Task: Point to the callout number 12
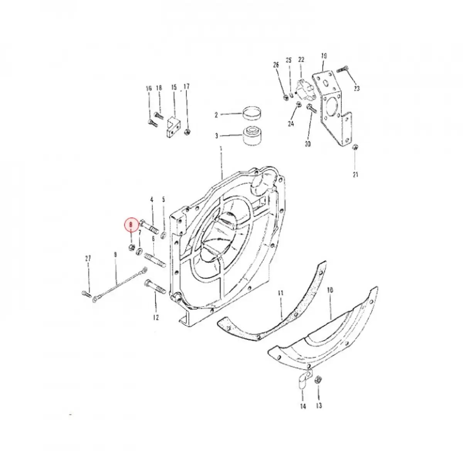click(x=155, y=318)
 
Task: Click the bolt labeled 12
click(x=155, y=287)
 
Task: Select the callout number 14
click(x=303, y=406)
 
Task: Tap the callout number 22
click(x=301, y=60)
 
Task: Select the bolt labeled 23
click(x=343, y=70)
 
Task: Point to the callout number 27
click(x=88, y=258)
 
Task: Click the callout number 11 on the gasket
click(x=281, y=294)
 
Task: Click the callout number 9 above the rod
click(x=115, y=255)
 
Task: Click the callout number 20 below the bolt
click(x=308, y=144)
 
